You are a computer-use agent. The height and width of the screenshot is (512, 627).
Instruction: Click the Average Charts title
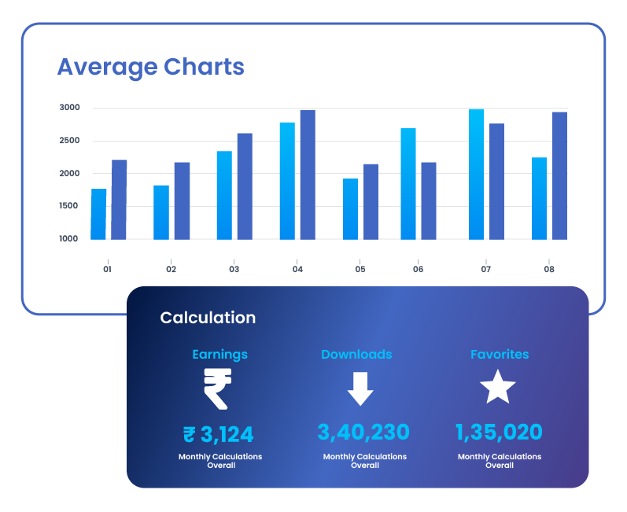tap(150, 67)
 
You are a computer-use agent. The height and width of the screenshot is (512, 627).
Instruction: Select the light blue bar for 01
tap(98, 214)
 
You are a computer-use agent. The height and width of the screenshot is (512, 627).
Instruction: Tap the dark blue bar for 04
tap(308, 175)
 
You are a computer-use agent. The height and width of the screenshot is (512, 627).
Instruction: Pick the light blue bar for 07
tap(476, 174)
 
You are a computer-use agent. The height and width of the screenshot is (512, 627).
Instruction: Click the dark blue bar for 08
tap(559, 175)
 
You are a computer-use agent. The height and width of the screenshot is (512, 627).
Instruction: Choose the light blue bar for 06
tap(408, 183)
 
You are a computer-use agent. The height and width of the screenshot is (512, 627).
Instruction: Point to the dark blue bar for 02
tap(182, 201)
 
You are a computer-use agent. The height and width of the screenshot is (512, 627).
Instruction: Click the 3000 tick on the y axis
tap(69, 108)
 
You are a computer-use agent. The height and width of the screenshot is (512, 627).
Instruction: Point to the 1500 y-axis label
tap(69, 206)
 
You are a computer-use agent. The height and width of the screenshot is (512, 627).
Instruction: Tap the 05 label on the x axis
tap(360, 269)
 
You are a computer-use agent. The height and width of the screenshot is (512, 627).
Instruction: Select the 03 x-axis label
tap(234, 269)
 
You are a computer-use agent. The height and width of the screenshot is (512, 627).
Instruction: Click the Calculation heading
tap(208, 318)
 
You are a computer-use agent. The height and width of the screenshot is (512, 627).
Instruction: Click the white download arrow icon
tap(360, 388)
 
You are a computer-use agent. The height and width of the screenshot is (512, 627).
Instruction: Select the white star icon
tap(498, 387)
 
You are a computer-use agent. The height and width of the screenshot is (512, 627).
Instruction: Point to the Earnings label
tap(219, 354)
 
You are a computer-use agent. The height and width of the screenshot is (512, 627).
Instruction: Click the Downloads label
tap(356, 354)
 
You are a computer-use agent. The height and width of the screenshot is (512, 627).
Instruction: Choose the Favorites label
tap(500, 354)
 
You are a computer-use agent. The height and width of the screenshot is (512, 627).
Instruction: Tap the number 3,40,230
tap(363, 432)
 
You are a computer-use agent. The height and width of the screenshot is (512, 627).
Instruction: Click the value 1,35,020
tap(499, 432)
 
